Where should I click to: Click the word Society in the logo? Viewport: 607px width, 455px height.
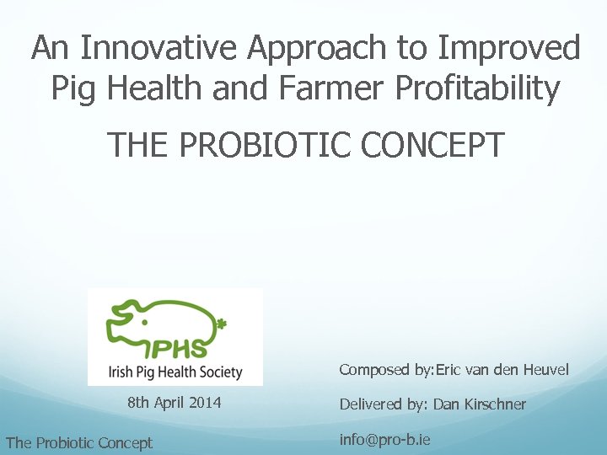coord(220,372)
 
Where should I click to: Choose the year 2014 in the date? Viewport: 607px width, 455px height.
coord(205,403)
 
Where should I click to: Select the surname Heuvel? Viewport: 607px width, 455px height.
coord(545,370)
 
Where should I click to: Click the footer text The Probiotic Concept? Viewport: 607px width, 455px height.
coord(78,442)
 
